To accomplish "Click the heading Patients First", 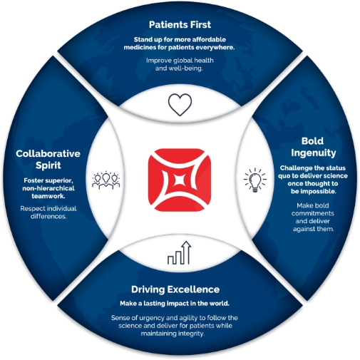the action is click(180, 24).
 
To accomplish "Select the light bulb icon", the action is click(255, 180).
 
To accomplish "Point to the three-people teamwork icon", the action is click(106, 180).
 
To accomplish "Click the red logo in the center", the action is click(180, 180).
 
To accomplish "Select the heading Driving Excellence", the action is click(175, 289).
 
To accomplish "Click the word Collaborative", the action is click(48, 153).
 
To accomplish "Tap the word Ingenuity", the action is click(314, 153).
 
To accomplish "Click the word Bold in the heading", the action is click(312, 141).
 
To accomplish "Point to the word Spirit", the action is click(48, 165).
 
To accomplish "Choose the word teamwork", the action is click(48, 196).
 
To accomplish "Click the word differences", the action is click(48, 216).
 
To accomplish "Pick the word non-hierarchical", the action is click(48, 188).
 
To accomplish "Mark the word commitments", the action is click(313, 213).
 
